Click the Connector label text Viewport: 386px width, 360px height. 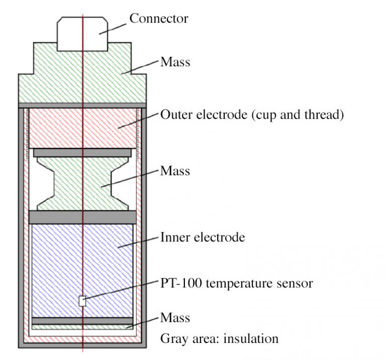(x=158, y=19)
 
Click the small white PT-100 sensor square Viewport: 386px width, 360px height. (x=82, y=301)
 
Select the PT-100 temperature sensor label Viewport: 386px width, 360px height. (x=236, y=284)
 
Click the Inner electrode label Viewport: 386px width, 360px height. (x=203, y=237)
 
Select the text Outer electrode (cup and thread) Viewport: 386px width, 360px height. (x=252, y=115)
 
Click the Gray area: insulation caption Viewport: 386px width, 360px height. (x=219, y=338)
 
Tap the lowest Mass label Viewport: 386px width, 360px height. (x=175, y=317)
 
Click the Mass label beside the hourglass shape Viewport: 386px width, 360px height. (x=175, y=171)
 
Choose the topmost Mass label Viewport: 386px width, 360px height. (x=175, y=62)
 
